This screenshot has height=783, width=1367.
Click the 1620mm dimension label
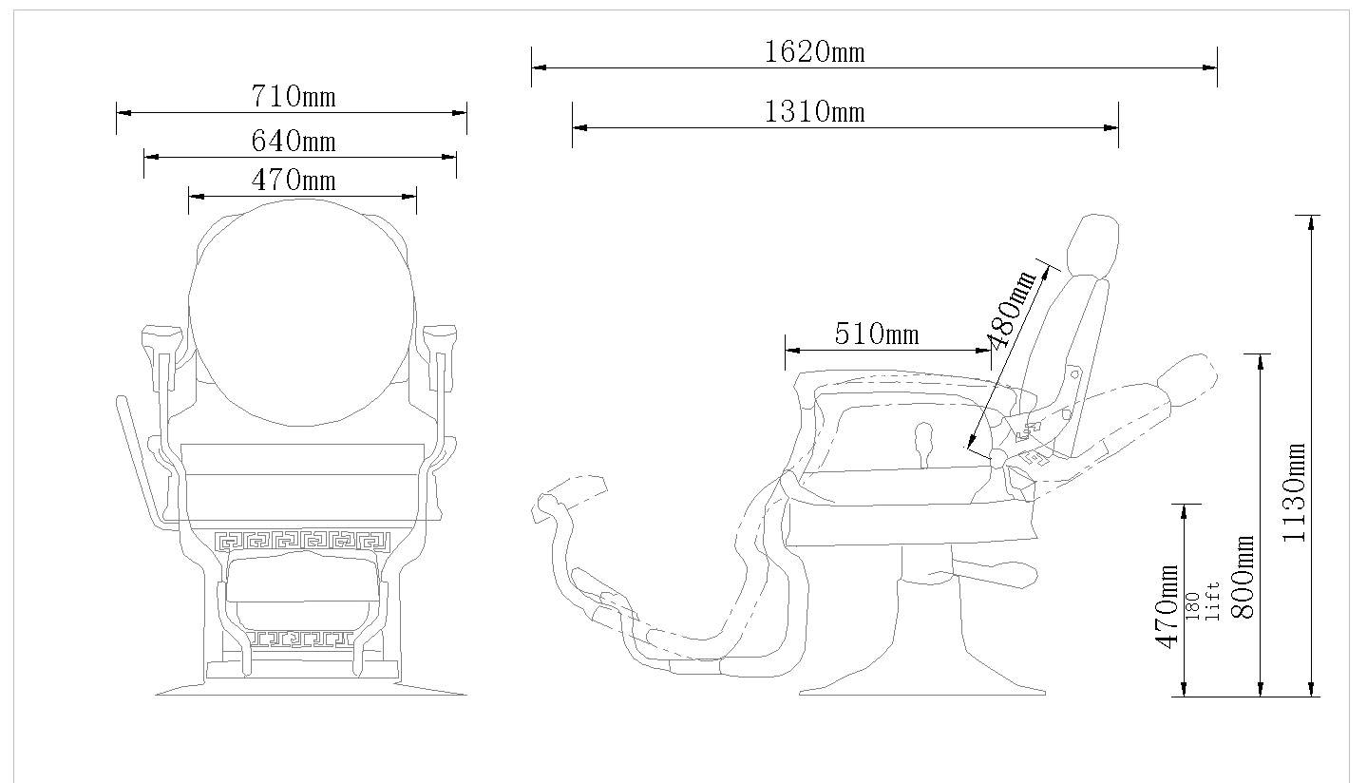815,52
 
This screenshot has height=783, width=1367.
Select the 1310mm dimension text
815,112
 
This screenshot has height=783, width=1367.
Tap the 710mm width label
294,96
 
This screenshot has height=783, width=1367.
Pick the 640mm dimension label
294,142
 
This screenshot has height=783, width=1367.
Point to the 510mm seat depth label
877,334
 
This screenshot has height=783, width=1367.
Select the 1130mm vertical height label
1294,492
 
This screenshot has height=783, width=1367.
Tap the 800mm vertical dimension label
1244,578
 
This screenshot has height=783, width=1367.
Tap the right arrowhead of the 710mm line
459,113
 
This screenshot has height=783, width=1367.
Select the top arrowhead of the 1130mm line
1311,222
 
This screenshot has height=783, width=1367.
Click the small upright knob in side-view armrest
924,446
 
